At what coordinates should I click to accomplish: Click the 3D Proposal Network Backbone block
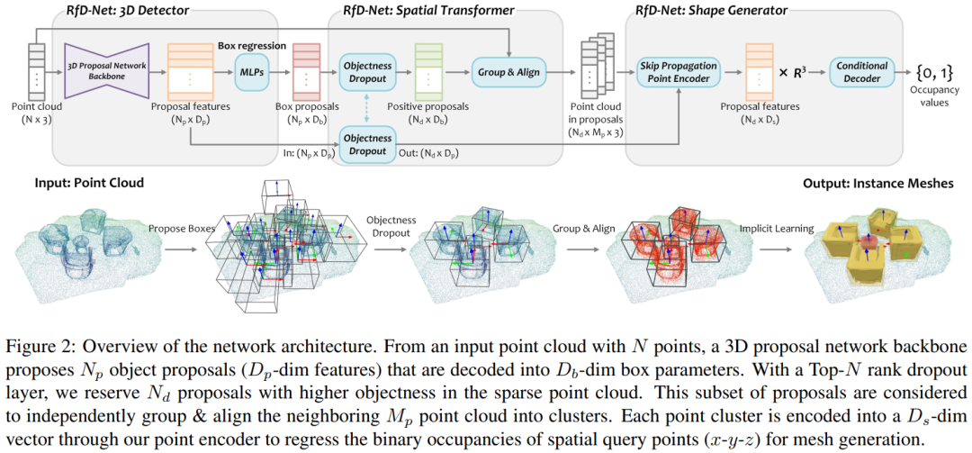pyautogui.click(x=106, y=69)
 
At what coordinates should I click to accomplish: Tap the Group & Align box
pyautogui.click(x=509, y=69)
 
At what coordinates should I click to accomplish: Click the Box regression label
pyautogui.click(x=252, y=44)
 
